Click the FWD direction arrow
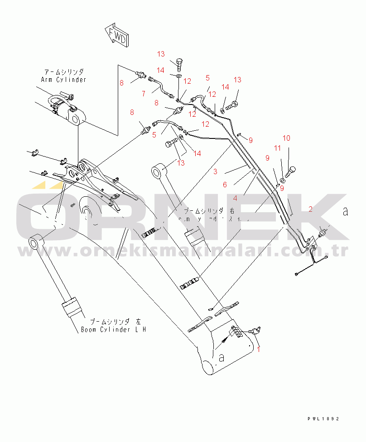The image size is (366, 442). [x=116, y=36]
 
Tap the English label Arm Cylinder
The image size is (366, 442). [x=63, y=80]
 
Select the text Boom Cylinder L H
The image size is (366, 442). [x=113, y=329]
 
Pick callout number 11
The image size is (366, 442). [x=277, y=148]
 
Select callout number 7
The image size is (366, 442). [x=143, y=93]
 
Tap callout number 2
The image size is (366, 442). [x=310, y=209]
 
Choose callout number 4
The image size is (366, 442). [x=235, y=198]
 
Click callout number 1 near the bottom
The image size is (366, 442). [x=259, y=348]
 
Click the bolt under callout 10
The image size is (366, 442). [x=291, y=171]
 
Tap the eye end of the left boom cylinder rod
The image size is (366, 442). [x=36, y=242]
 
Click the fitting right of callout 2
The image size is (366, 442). [x=323, y=232]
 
